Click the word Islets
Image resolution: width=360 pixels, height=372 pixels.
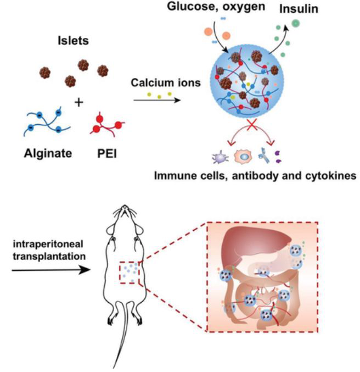(x=73, y=41)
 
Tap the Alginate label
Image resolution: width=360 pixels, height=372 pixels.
(x=48, y=153)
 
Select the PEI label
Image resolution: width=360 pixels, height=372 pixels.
(x=107, y=154)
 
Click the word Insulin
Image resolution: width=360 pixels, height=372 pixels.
(x=299, y=9)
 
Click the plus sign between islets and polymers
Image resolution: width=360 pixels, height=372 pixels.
(x=78, y=103)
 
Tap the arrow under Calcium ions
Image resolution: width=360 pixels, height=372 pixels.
(x=157, y=100)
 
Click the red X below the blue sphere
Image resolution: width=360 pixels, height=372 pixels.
(x=252, y=125)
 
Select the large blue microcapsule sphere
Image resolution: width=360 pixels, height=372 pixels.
(x=247, y=81)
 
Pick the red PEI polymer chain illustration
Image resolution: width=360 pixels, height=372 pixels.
(x=107, y=125)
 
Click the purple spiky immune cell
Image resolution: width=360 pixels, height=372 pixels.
(x=221, y=157)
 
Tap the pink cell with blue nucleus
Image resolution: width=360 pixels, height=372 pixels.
(x=243, y=157)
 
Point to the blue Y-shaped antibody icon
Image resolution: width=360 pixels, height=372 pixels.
(x=264, y=156)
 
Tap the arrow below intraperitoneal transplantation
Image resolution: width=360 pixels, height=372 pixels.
(x=51, y=270)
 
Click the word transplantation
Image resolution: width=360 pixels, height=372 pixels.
(x=49, y=257)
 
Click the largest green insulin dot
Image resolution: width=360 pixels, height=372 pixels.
(x=296, y=24)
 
